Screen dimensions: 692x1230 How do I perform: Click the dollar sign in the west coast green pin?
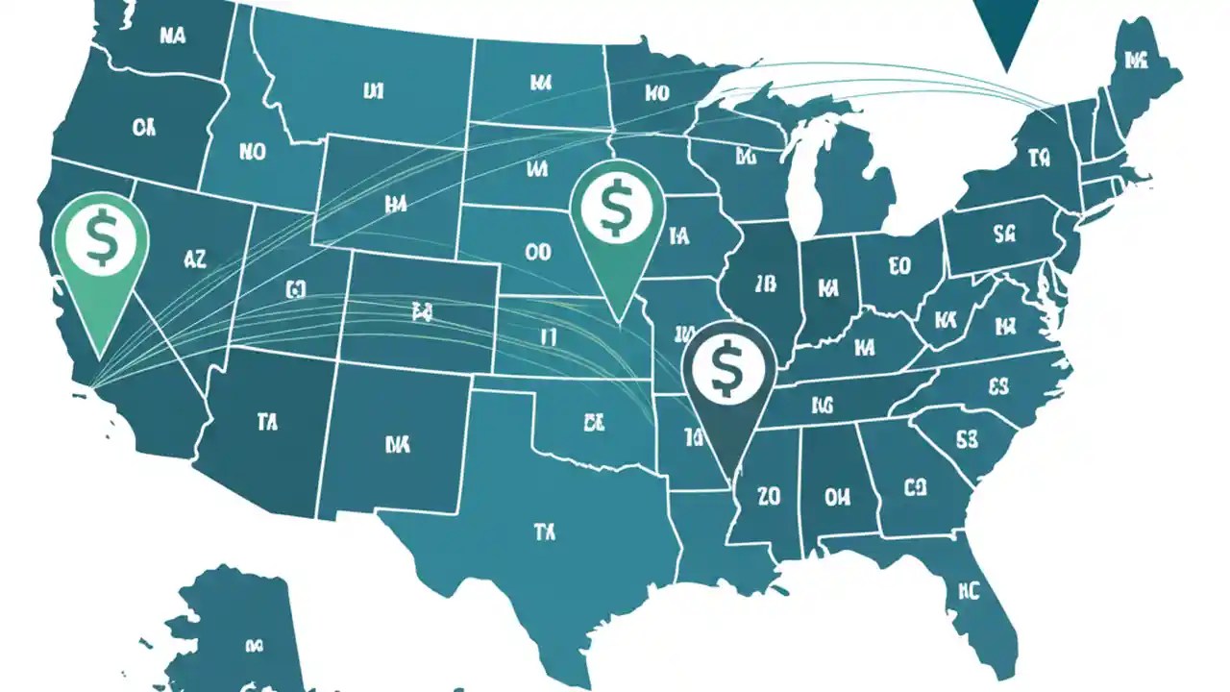click(100, 240)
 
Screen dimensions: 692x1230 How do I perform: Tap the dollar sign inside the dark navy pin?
click(727, 367)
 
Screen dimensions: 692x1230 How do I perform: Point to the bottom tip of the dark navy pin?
click(732, 477)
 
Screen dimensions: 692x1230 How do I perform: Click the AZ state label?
click(193, 258)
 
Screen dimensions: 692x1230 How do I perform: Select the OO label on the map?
click(538, 252)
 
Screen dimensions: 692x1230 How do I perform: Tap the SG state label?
click(1005, 233)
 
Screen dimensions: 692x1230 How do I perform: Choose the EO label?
click(900, 265)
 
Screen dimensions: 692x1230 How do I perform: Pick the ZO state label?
click(769, 497)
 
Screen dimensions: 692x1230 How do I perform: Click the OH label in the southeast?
click(837, 497)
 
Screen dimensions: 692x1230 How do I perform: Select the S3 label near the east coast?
click(967, 439)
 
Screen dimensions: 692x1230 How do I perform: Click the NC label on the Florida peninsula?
click(967, 590)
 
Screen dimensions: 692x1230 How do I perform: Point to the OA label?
click(144, 127)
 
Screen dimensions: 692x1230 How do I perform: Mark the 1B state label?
click(765, 284)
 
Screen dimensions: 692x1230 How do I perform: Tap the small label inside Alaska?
click(254, 646)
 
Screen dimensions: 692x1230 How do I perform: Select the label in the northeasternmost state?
click(1137, 62)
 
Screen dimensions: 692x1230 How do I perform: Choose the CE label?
click(593, 420)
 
